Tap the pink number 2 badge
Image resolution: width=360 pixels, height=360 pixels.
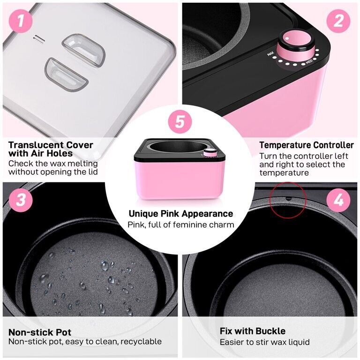pyautogui.click(x=338, y=21)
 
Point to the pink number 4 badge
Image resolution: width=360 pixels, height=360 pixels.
pyautogui.click(x=338, y=201)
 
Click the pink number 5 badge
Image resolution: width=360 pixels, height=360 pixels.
pyautogui.click(x=180, y=121)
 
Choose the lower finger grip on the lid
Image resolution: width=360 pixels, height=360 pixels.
pyautogui.click(x=66, y=75)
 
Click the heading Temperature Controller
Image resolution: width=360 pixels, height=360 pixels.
pyautogui.click(x=307, y=145)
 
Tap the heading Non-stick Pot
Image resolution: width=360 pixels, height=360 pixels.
pyautogui.click(x=40, y=332)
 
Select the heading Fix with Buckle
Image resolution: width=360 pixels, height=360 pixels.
pyautogui.click(x=252, y=331)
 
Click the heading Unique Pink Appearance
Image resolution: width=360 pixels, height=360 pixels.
pyautogui.click(x=180, y=214)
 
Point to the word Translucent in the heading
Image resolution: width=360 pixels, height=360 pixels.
pyautogui.click(x=37, y=145)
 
